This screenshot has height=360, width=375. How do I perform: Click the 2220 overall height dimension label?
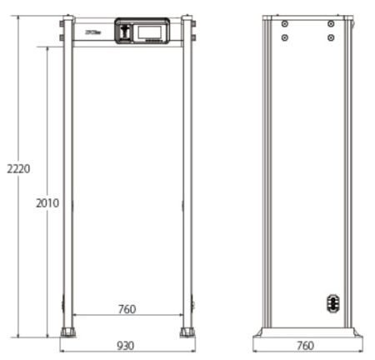point(17,168)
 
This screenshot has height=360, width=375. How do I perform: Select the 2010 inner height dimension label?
point(47,202)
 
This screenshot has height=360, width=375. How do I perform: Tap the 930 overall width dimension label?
point(127,345)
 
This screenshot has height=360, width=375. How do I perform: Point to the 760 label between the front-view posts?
point(127,309)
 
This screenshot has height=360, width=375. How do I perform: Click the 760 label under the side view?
point(307,345)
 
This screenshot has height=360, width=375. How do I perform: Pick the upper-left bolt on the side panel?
point(285,24)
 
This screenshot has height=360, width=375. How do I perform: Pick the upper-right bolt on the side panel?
point(331,24)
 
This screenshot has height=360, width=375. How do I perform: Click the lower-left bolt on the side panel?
point(285,37)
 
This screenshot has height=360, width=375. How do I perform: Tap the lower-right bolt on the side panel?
point(331,37)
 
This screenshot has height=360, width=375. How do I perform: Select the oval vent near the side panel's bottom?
point(332,302)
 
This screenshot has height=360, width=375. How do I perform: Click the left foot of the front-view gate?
point(67,332)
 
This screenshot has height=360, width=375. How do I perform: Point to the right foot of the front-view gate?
point(187,332)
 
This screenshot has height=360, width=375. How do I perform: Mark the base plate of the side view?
point(307,332)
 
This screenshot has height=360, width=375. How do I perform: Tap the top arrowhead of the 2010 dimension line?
point(47,48)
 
